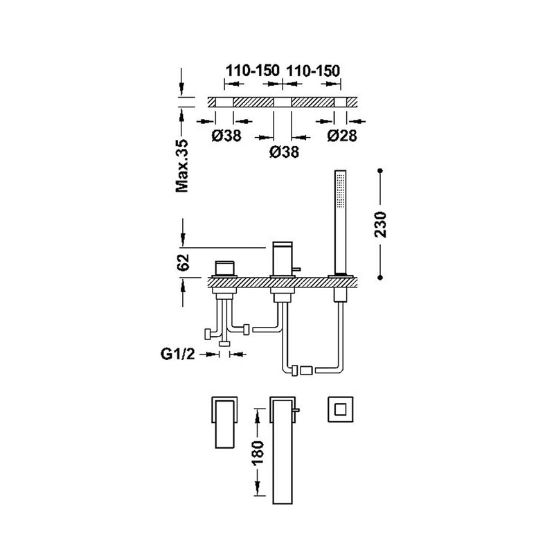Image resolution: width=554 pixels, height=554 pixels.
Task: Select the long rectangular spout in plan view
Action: (280, 450)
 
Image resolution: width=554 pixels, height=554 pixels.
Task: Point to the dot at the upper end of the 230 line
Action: (381, 169)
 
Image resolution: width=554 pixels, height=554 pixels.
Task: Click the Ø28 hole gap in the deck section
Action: (341, 102)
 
